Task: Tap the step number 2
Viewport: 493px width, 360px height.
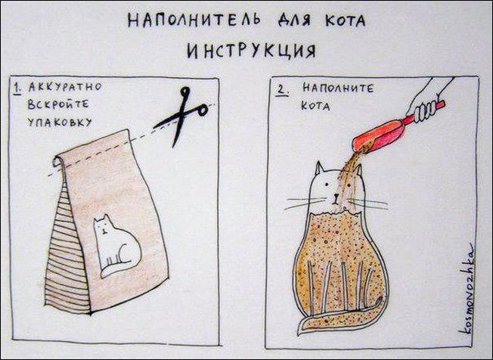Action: tap(281, 90)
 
